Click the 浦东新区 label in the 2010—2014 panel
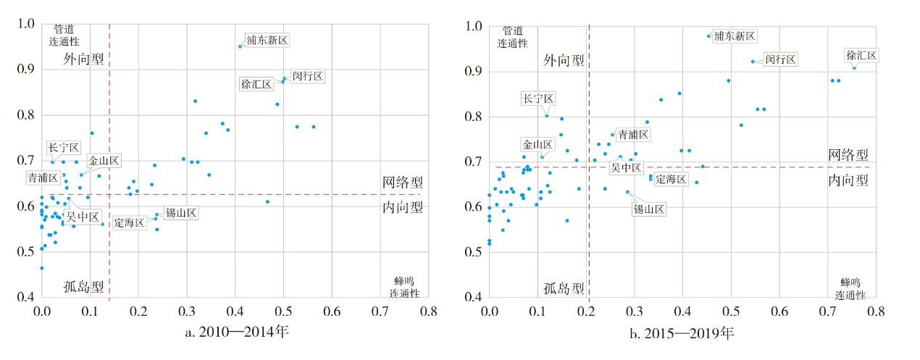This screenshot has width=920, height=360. point(267,40)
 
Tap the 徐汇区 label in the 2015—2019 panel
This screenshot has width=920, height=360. point(861,56)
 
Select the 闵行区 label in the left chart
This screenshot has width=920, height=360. point(307,76)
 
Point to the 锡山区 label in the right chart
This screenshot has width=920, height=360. point(648,209)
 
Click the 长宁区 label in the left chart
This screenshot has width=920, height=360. point(64,148)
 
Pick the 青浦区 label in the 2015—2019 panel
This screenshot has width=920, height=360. point(633,135)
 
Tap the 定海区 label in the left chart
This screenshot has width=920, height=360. point(130,222)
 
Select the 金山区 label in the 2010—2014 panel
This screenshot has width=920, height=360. point(104,160)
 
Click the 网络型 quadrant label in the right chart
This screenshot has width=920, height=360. point(848,154)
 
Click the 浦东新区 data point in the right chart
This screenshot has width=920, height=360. point(708,35)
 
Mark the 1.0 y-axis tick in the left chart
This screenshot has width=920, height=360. point(25,25)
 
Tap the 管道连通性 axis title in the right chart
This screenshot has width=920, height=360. point(513,37)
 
